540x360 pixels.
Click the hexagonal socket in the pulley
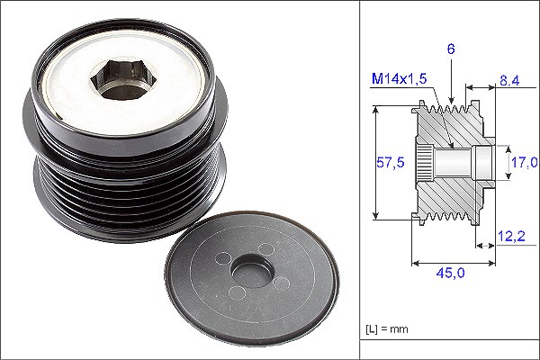click(x=123, y=78)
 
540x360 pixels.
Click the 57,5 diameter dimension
click(x=391, y=162)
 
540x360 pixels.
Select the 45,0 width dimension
click(x=450, y=273)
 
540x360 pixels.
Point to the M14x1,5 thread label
click(x=399, y=79)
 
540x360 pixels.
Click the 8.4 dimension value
click(x=509, y=81)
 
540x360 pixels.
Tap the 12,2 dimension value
click(x=512, y=236)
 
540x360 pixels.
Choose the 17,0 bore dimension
click(x=525, y=162)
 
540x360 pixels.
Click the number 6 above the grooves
click(x=451, y=49)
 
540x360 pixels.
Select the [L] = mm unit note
click(x=387, y=329)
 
